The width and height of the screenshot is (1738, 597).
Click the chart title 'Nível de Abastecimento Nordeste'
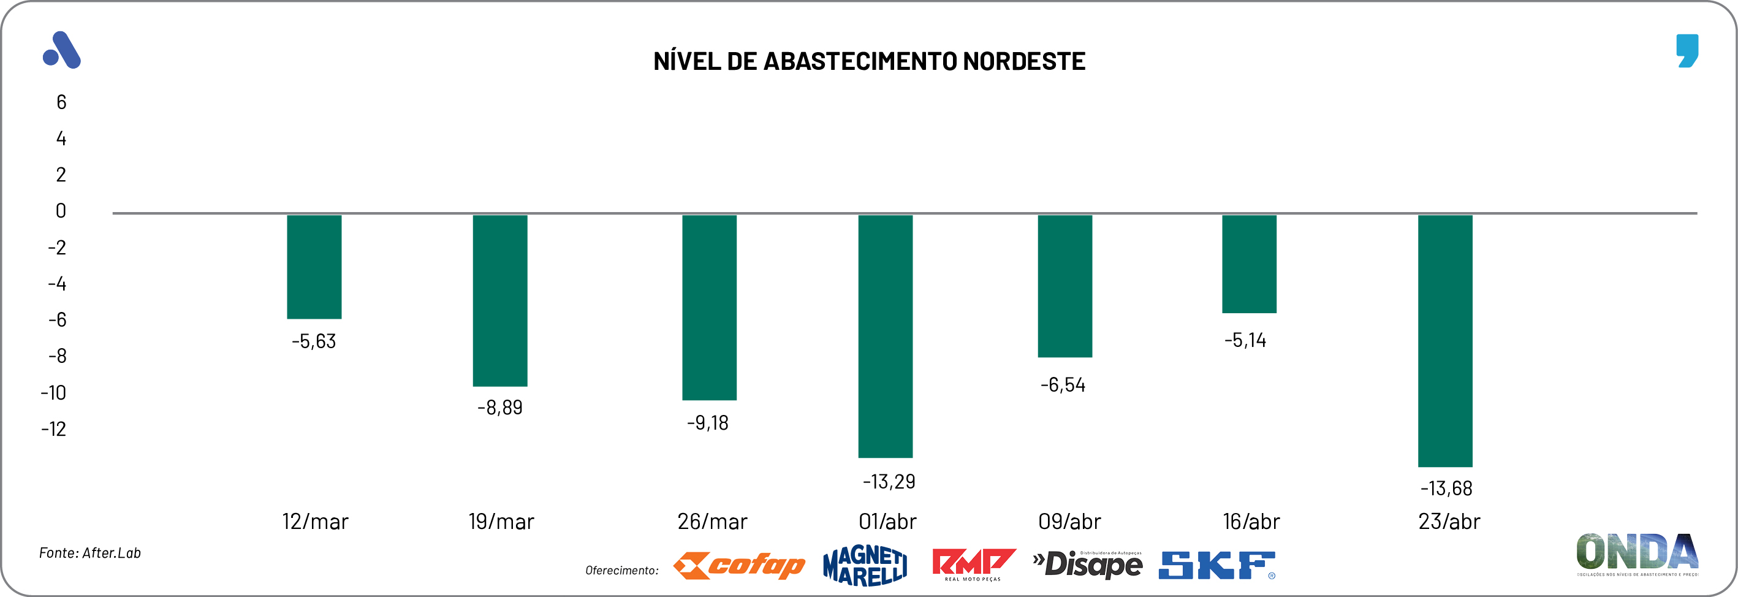[x=869, y=61]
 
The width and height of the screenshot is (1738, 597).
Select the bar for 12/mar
[x=314, y=267]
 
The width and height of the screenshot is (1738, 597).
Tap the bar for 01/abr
[x=885, y=335]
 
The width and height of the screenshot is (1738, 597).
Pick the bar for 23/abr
[x=1444, y=341]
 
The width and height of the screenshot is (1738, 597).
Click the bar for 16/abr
[x=1249, y=264]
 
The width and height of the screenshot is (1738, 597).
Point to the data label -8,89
[x=500, y=408]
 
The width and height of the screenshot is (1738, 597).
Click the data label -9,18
[x=708, y=423]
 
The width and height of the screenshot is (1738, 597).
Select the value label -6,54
[x=1063, y=385]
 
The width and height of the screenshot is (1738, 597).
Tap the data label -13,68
[x=1446, y=489]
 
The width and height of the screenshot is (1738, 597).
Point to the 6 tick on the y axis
[x=61, y=102]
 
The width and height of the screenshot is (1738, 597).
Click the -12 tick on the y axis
[x=54, y=429]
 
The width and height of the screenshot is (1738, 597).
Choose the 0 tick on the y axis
[x=61, y=211]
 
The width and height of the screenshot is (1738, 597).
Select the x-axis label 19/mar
[x=501, y=522]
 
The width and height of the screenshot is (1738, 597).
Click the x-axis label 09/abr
[x=1069, y=522]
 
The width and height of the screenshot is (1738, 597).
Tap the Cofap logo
[x=740, y=565]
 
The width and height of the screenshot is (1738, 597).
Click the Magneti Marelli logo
[x=865, y=565]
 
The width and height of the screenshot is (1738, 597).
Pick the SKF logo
[x=1216, y=565]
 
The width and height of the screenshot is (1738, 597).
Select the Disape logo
[x=1088, y=565]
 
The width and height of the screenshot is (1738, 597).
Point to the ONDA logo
[x=1637, y=553]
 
